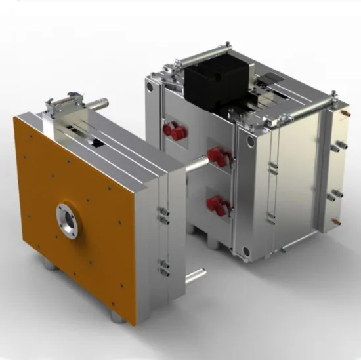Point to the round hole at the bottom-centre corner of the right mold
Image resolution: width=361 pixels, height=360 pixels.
(245, 250)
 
